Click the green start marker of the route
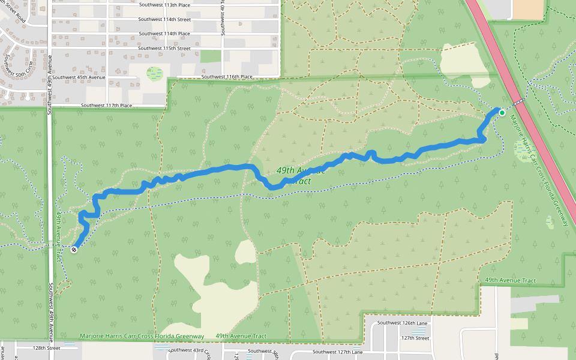[x=502, y=113]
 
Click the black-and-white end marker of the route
[x=74, y=250]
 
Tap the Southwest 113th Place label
[x=164, y=5]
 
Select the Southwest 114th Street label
[x=164, y=19]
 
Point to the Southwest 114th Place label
[x=164, y=34]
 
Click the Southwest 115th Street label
[x=164, y=48]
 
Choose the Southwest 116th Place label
[x=227, y=77]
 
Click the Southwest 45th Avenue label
[x=79, y=77]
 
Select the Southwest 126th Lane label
[x=401, y=323]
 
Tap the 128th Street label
[x=47, y=348]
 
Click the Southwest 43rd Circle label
[x=190, y=351]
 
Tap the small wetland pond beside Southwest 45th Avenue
[x=155, y=74]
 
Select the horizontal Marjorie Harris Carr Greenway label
[x=142, y=336]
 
